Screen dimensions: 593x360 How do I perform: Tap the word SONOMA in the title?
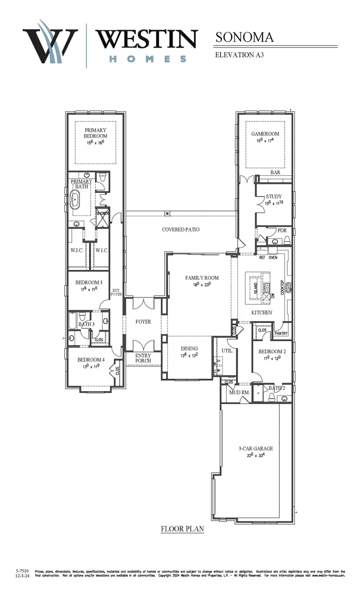(x=244, y=37)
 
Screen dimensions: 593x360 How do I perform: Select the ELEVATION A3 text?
(x=239, y=55)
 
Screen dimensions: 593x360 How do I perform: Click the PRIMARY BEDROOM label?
(x=95, y=133)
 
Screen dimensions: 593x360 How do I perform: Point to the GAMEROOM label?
(x=265, y=134)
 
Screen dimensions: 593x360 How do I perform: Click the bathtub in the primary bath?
(x=75, y=200)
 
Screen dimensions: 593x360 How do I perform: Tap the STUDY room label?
(x=274, y=196)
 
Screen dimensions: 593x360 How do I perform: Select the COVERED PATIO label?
(x=180, y=230)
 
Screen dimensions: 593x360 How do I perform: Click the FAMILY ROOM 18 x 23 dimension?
(x=202, y=285)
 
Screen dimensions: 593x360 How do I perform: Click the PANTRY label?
(x=281, y=333)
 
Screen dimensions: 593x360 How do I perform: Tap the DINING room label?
(x=189, y=348)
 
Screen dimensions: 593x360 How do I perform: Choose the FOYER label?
(x=143, y=321)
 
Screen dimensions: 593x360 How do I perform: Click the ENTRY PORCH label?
(x=143, y=358)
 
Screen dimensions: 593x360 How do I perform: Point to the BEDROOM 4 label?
(x=91, y=359)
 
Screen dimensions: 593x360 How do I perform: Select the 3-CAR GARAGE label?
(x=256, y=448)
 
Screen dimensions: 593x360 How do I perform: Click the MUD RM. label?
(x=239, y=392)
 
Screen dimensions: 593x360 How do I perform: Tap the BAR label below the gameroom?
(x=275, y=172)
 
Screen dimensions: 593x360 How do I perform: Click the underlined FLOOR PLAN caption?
(x=182, y=529)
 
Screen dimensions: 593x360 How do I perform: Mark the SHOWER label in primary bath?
(x=102, y=213)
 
